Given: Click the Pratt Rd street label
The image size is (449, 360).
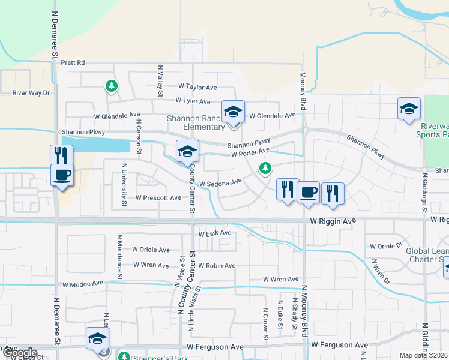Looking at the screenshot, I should [x=73, y=62].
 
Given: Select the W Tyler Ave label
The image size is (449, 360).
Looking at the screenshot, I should [x=193, y=101].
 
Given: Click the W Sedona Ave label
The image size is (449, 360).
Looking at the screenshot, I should [x=220, y=181].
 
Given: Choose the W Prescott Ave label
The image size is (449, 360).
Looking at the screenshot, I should [x=158, y=197].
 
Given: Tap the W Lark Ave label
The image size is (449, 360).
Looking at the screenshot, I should [x=214, y=233].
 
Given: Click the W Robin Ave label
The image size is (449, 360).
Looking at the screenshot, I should [x=216, y=265].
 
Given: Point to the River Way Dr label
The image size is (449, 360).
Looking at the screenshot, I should [x=31, y=93].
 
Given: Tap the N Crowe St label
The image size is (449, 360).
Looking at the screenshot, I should [x=265, y=325].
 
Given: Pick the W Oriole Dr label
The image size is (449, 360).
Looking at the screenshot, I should [x=386, y=246].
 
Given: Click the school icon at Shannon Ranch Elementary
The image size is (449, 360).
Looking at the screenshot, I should [x=233, y=112].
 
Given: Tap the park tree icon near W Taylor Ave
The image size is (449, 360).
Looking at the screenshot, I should [x=111, y=86].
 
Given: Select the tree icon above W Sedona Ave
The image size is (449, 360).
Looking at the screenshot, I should [x=265, y=169].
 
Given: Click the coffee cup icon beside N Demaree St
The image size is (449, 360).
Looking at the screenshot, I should [x=62, y=175].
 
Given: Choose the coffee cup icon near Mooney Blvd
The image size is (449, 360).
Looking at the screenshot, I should [x=308, y=192].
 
